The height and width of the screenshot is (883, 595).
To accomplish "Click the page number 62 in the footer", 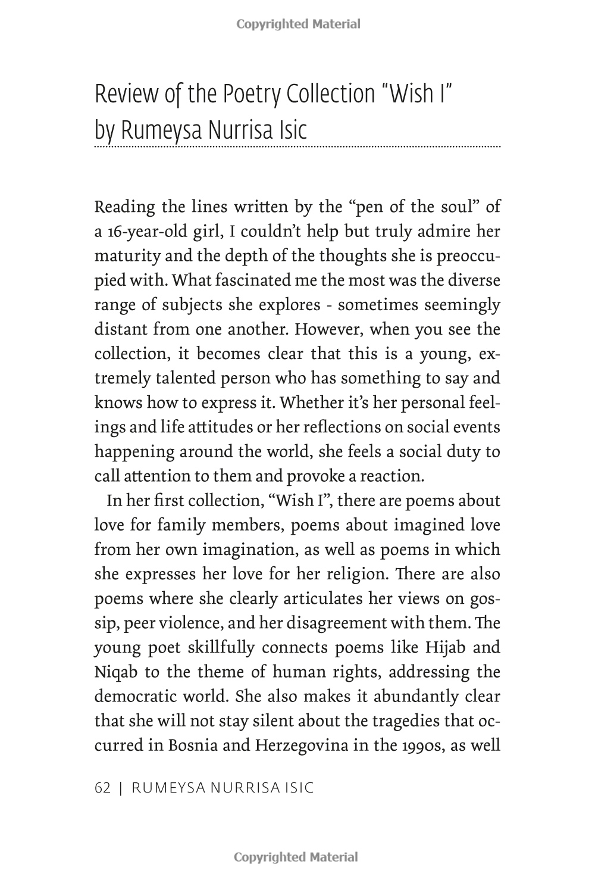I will pyautogui.click(x=103, y=787).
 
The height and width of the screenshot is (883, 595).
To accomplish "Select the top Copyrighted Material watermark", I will pyautogui.click(x=298, y=24).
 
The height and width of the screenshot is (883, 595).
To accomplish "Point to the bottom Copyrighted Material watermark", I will pyautogui.click(x=296, y=857).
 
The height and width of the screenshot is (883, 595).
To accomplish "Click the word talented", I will pyautogui.click(x=181, y=378).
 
